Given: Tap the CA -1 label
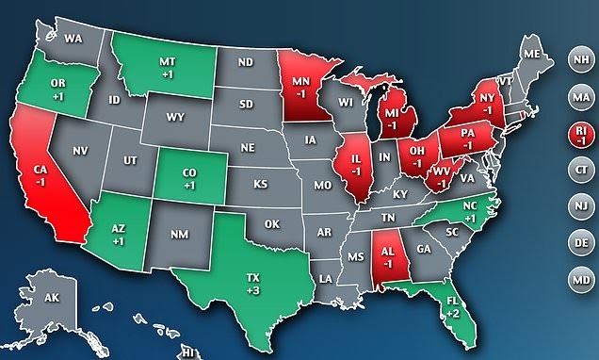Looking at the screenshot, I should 41,175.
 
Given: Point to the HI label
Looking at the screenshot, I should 188,352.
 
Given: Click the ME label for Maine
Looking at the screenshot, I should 532,55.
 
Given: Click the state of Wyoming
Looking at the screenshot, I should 175,118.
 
